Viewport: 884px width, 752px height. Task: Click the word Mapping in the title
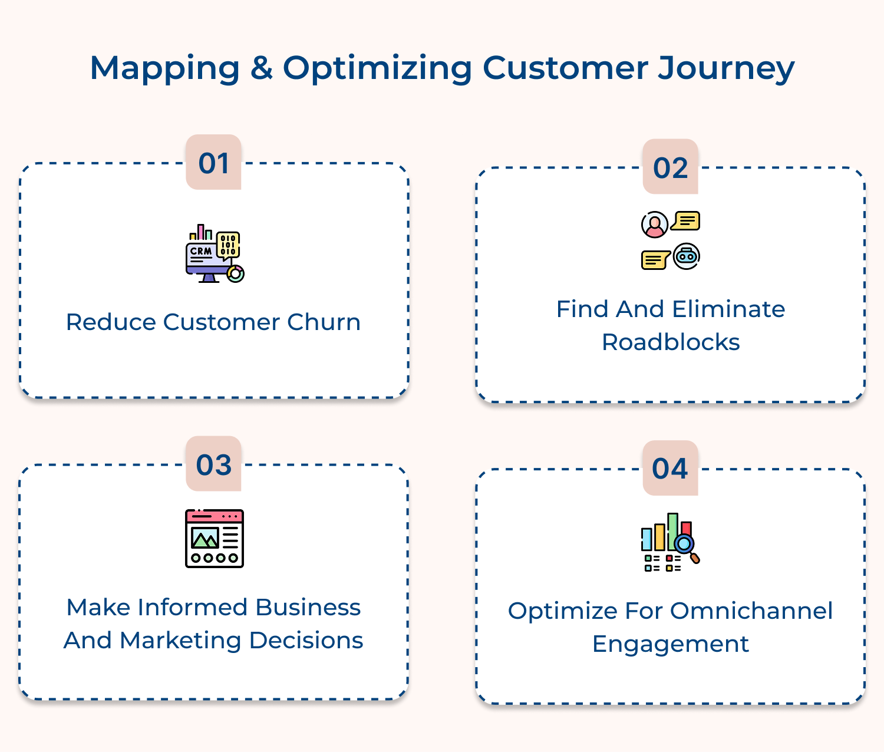(x=164, y=68)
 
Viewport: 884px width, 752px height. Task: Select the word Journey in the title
(x=726, y=68)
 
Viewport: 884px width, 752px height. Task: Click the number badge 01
(x=213, y=163)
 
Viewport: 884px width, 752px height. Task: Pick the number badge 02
(x=670, y=167)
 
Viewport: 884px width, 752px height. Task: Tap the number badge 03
(x=213, y=464)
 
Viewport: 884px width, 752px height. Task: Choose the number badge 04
(x=670, y=469)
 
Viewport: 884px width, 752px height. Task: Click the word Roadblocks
(x=670, y=342)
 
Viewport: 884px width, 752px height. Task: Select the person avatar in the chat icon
(x=654, y=225)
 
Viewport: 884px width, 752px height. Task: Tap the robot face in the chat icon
(x=687, y=256)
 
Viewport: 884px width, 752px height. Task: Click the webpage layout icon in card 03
(x=215, y=539)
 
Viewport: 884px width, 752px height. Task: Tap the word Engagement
(x=670, y=644)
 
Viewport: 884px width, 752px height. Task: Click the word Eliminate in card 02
(x=728, y=309)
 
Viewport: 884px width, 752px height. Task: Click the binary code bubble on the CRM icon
(x=228, y=245)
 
